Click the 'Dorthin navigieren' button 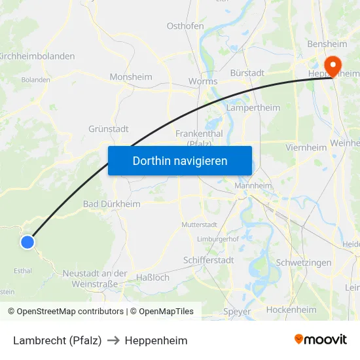pyautogui.click(x=180, y=161)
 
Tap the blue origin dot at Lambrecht pyautogui.click(x=27, y=242)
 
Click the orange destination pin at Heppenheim pyautogui.click(x=331, y=65)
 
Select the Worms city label pyautogui.click(x=203, y=81)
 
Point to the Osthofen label pyautogui.click(x=185, y=26)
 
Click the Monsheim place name pyautogui.click(x=131, y=77)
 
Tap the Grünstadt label pyautogui.click(x=109, y=129)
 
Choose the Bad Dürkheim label pyautogui.click(x=112, y=204)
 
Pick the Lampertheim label pyautogui.click(x=253, y=107)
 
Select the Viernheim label pyautogui.click(x=306, y=147)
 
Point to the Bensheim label pyautogui.click(x=327, y=44)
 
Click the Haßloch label pyautogui.click(x=153, y=278)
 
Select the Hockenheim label pyautogui.click(x=292, y=310)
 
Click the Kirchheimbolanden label pyautogui.click(x=38, y=56)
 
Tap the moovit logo pyautogui.click(x=320, y=340)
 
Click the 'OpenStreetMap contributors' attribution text pyautogui.click(x=70, y=312)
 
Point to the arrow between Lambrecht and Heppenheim pyautogui.click(x=113, y=341)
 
